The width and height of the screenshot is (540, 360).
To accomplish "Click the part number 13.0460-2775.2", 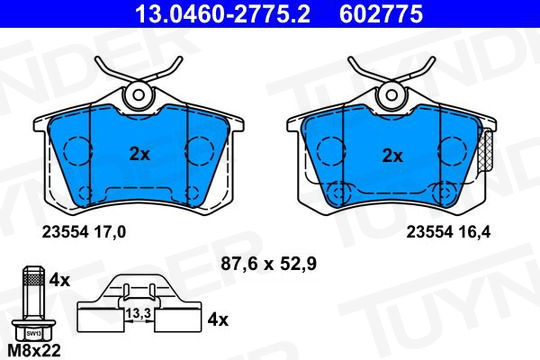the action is click(x=222, y=14).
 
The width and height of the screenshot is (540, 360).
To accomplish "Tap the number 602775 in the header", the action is click(x=381, y=14).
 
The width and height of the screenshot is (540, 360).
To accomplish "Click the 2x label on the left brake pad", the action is click(x=140, y=154).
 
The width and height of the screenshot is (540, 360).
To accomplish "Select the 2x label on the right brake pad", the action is click(x=393, y=156).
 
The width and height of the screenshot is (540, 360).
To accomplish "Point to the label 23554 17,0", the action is click(x=84, y=232).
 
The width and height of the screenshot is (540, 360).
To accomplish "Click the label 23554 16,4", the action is click(x=448, y=232).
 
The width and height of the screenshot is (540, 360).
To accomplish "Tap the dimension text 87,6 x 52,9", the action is click(x=269, y=264).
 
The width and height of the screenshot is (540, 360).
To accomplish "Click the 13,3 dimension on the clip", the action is click(x=138, y=313).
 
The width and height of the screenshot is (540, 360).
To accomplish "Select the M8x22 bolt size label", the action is click(x=34, y=351).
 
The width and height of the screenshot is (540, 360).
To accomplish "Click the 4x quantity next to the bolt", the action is click(x=59, y=280).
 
